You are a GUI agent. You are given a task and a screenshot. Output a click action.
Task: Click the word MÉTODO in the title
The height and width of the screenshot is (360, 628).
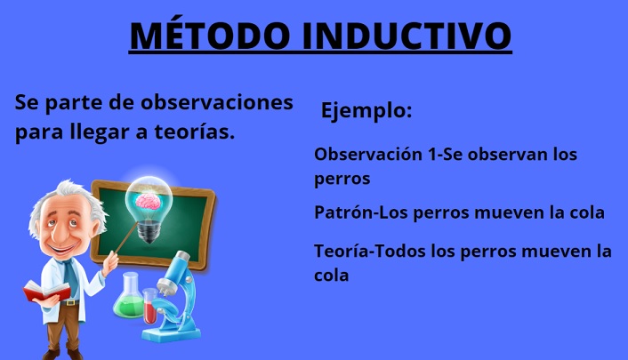pyautogui.click(x=210, y=36)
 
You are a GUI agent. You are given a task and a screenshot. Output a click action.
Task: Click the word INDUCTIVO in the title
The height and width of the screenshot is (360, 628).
pyautogui.click(x=407, y=36)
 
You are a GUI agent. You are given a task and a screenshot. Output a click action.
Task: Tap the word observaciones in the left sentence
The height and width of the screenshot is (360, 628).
pyautogui.click(x=217, y=102)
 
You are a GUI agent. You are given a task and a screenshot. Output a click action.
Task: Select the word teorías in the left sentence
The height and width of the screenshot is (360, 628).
pyautogui.click(x=194, y=132)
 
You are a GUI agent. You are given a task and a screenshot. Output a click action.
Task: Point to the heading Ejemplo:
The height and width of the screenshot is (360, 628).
pyautogui.click(x=366, y=110)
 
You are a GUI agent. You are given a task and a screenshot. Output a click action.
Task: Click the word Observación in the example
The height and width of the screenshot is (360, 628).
pyautogui.click(x=368, y=154)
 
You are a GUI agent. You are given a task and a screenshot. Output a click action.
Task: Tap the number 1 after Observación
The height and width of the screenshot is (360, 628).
pyautogui.click(x=431, y=155)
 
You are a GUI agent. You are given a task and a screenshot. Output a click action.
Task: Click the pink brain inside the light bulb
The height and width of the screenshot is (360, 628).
pyautogui.click(x=149, y=201)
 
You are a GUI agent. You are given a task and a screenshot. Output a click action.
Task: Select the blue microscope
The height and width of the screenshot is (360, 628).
pyautogui.click(x=173, y=299)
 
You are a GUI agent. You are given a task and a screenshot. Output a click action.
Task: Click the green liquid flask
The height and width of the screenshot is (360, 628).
pyautogui.click(x=129, y=296)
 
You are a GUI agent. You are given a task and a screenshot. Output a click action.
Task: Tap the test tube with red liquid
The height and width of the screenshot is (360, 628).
pyautogui.click(x=149, y=306)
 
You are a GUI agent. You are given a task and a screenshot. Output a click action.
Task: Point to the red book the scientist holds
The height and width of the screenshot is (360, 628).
pyautogui.click(x=45, y=292)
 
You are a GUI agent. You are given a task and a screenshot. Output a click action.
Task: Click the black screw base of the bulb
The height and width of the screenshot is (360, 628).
pyautogui.click(x=149, y=231)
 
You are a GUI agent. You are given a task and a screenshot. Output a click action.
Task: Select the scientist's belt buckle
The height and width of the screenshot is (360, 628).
pyautogui.click(x=70, y=302)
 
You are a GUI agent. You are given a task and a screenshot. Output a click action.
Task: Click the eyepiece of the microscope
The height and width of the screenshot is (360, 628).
pyautogui.click(x=182, y=256)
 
